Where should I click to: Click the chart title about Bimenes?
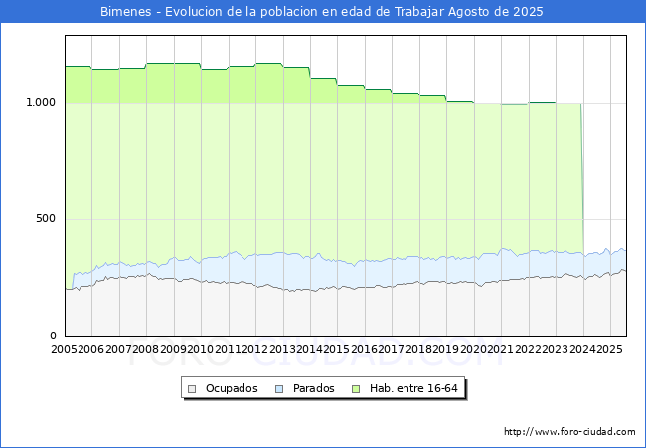click(x=322, y=11)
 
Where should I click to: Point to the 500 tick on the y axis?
click(x=46, y=219)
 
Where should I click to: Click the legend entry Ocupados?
click(x=232, y=388)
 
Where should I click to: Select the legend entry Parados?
click(x=312, y=388)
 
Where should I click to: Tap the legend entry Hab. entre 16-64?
click(x=415, y=388)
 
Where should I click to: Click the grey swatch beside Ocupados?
click(x=194, y=388)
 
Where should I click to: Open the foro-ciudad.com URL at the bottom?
click(x=569, y=432)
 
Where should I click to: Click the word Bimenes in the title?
click(x=127, y=11)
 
